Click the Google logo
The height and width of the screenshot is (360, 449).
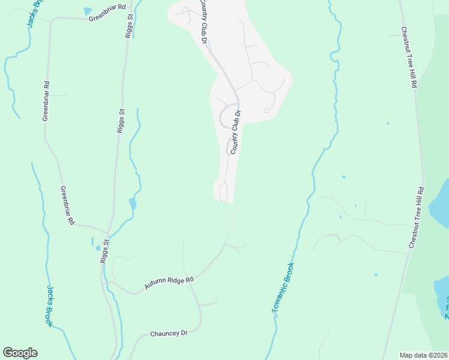coord(20,353)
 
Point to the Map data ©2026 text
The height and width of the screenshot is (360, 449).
coord(423,355)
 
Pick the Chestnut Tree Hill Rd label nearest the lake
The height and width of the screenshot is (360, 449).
coord(417,217)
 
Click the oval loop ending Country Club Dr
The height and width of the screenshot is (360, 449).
coord(223,193)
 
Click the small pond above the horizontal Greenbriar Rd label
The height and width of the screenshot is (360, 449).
coord(88,11)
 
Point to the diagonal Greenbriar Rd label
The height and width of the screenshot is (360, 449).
coord(67,205)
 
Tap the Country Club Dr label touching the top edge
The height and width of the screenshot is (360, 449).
coord(203,22)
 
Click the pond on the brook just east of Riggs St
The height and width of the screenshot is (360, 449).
coord(132,204)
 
